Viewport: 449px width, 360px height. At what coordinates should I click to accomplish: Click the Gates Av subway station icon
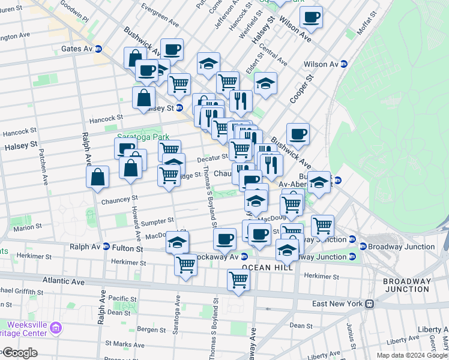click(x=98, y=49)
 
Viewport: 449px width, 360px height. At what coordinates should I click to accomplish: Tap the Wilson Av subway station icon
click(x=345, y=64)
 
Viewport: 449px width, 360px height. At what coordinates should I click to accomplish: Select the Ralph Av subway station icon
click(x=106, y=246)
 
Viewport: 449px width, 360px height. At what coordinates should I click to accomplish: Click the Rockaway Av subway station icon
click(x=244, y=257)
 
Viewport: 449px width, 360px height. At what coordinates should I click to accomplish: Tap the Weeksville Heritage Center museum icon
click(x=56, y=328)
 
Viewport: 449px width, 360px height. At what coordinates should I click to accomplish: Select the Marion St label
click(x=28, y=227)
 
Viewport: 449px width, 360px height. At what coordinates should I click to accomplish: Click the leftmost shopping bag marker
click(x=97, y=177)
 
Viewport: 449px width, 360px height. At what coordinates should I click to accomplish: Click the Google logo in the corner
click(x=19, y=353)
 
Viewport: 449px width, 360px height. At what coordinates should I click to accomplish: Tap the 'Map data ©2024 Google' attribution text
click(x=412, y=355)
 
